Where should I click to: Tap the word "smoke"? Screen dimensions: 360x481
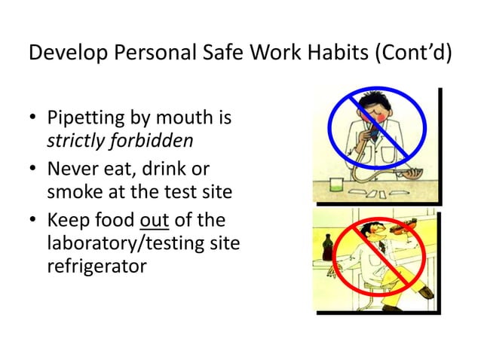[x=72, y=192]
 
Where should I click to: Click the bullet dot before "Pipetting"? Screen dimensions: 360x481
[x=33, y=121]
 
